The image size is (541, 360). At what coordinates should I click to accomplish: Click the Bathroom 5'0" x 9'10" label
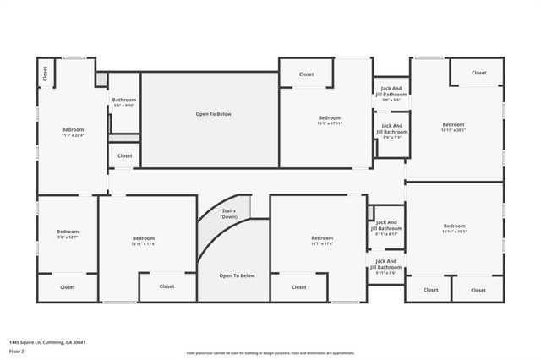[123, 102]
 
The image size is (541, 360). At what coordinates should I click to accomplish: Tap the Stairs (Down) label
[229, 214]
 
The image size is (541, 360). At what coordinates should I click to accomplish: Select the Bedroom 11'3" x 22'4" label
[72, 131]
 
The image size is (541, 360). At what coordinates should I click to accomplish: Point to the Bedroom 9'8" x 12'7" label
[68, 234]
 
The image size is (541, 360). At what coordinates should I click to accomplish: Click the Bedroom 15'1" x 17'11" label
[329, 120]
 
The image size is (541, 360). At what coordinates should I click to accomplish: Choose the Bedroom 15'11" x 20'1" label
[453, 127]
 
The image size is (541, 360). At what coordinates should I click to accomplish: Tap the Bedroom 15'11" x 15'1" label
[454, 228]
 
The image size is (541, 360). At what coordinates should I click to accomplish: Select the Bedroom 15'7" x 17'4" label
[322, 241]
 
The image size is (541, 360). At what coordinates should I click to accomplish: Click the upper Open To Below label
[213, 114]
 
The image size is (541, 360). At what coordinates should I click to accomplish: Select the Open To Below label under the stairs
[237, 275]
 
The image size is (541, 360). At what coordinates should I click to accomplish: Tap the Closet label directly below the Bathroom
[124, 155]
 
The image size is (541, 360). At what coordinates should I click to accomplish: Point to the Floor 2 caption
[18, 351]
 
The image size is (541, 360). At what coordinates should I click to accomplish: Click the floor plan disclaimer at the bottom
[270, 353]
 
